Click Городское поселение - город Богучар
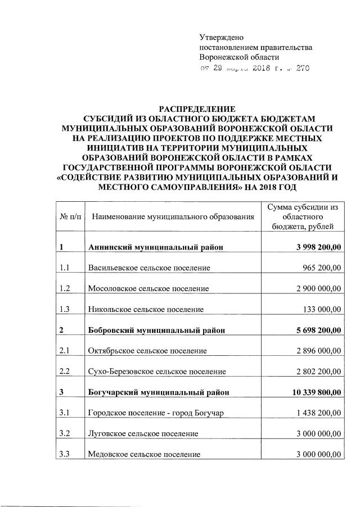(156, 413)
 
